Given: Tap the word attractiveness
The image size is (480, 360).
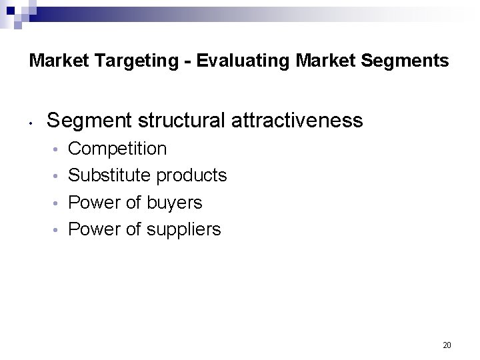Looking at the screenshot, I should click(x=292, y=120).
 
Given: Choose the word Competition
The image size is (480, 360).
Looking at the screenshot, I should click(x=118, y=149).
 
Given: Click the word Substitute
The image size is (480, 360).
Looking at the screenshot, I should click(x=109, y=175).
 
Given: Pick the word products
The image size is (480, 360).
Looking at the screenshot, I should click(x=191, y=176).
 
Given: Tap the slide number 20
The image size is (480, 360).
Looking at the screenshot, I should click(x=447, y=345).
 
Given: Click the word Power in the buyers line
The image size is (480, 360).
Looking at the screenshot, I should click(x=92, y=202).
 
